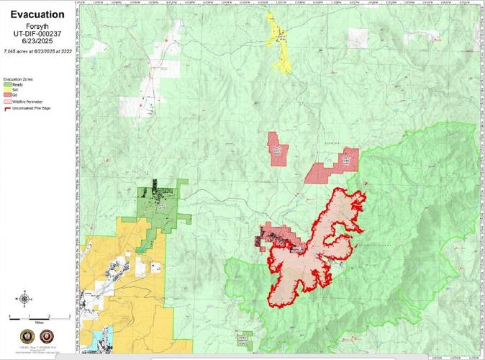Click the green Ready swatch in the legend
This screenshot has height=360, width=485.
[x=8, y=84]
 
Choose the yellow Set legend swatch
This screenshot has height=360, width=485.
[x=8, y=89]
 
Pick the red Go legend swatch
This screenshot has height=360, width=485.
[x=8, y=95]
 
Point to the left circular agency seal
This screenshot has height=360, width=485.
[x=25, y=337]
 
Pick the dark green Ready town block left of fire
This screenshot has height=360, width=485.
[x=160, y=202]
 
